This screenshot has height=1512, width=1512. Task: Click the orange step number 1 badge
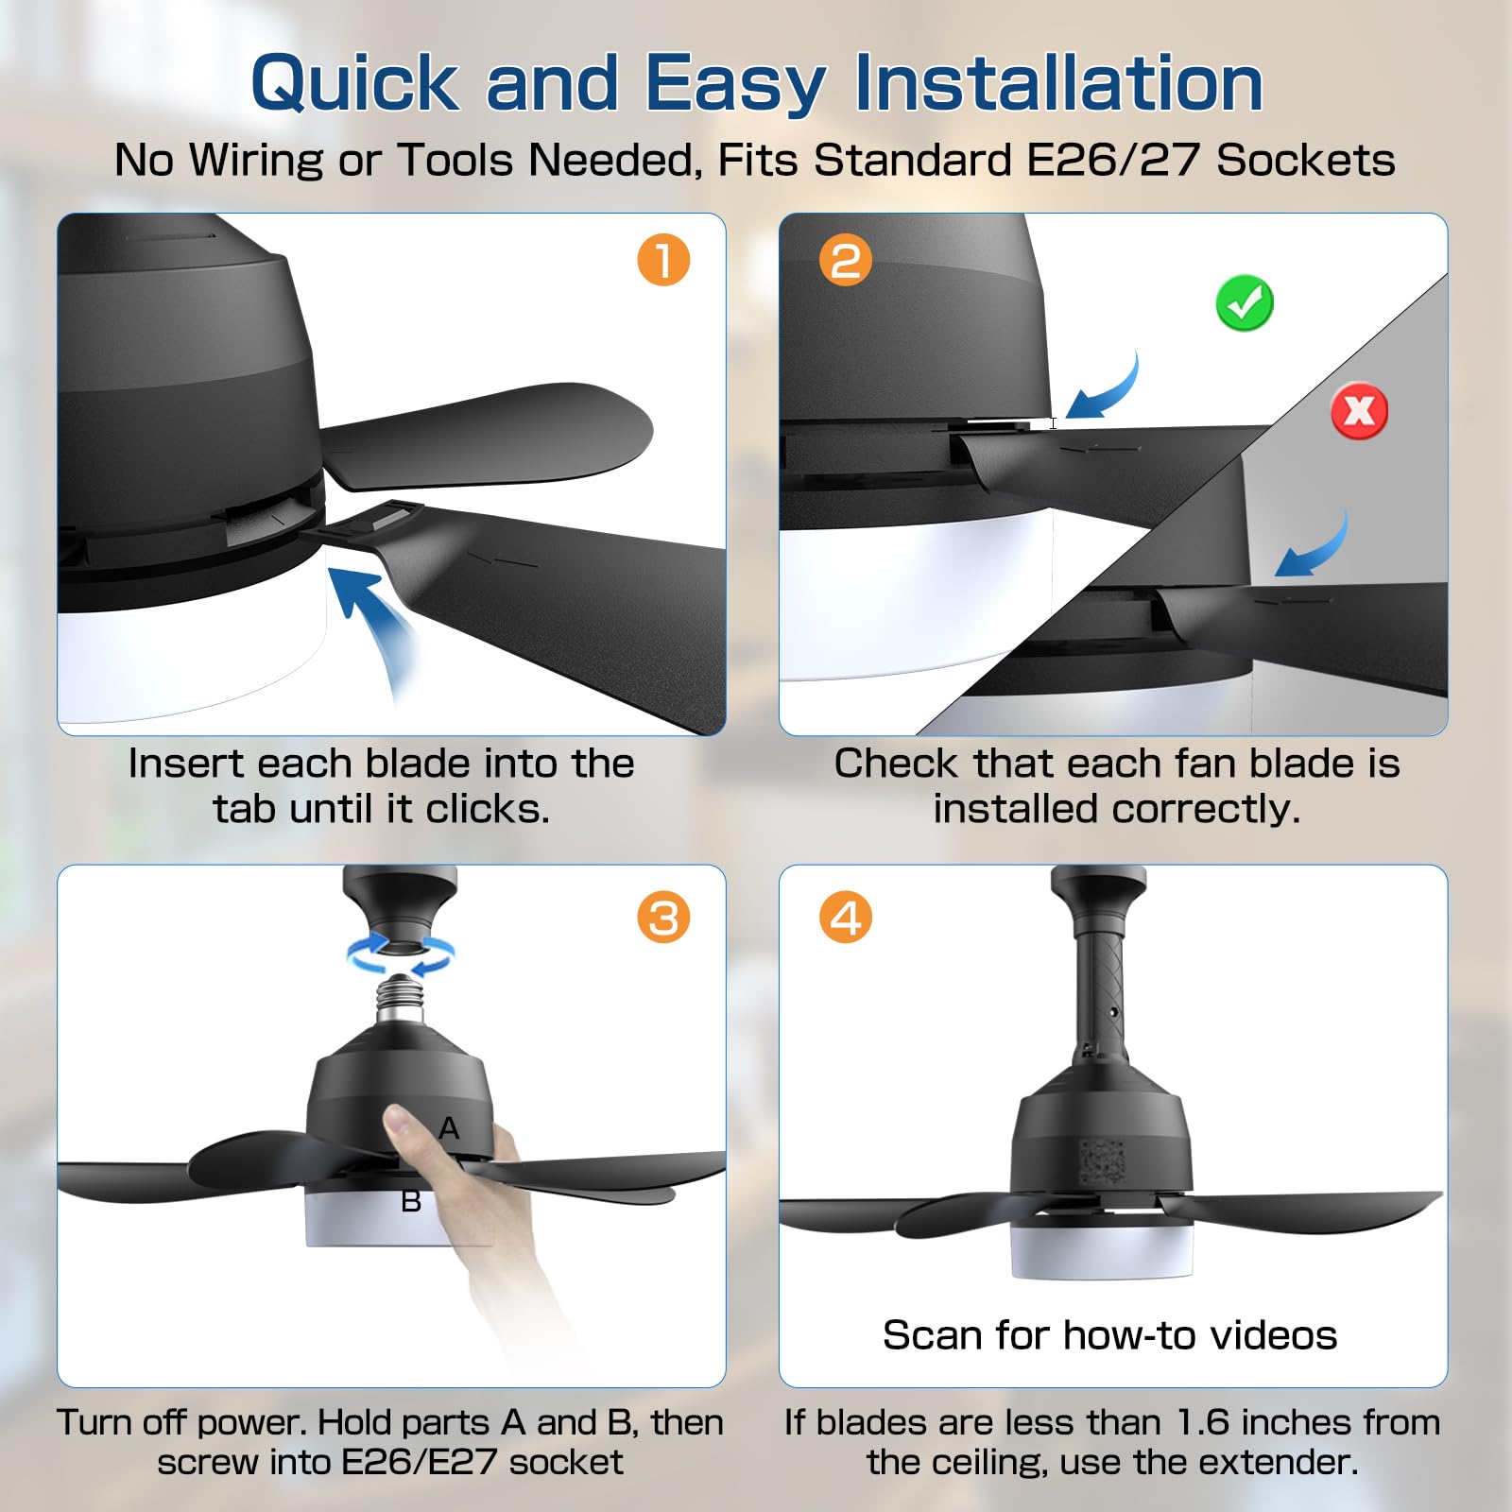tap(663, 260)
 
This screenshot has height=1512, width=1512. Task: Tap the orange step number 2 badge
tap(846, 260)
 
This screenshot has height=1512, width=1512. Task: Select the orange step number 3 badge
tap(663, 918)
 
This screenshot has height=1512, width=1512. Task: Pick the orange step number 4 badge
tap(846, 918)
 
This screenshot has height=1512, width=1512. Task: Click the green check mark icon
tap(1245, 303)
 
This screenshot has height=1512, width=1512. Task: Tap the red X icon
tap(1360, 411)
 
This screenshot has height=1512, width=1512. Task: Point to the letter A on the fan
tap(449, 1127)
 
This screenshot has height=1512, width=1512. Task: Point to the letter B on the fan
tap(411, 1201)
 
